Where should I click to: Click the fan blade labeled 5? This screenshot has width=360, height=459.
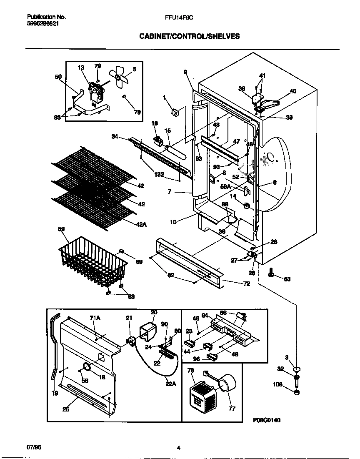(119, 77)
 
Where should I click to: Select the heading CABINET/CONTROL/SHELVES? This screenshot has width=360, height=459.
(189, 36)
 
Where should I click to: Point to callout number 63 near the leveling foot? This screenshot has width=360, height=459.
(287, 279)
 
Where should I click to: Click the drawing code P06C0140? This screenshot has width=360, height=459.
(267, 420)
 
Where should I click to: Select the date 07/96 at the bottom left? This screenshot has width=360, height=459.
(34, 447)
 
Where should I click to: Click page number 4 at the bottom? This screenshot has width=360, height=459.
(178, 448)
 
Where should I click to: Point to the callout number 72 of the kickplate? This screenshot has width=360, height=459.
(235, 283)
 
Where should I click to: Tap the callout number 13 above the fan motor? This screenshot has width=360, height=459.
(81, 67)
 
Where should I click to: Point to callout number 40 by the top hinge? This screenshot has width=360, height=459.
(293, 91)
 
